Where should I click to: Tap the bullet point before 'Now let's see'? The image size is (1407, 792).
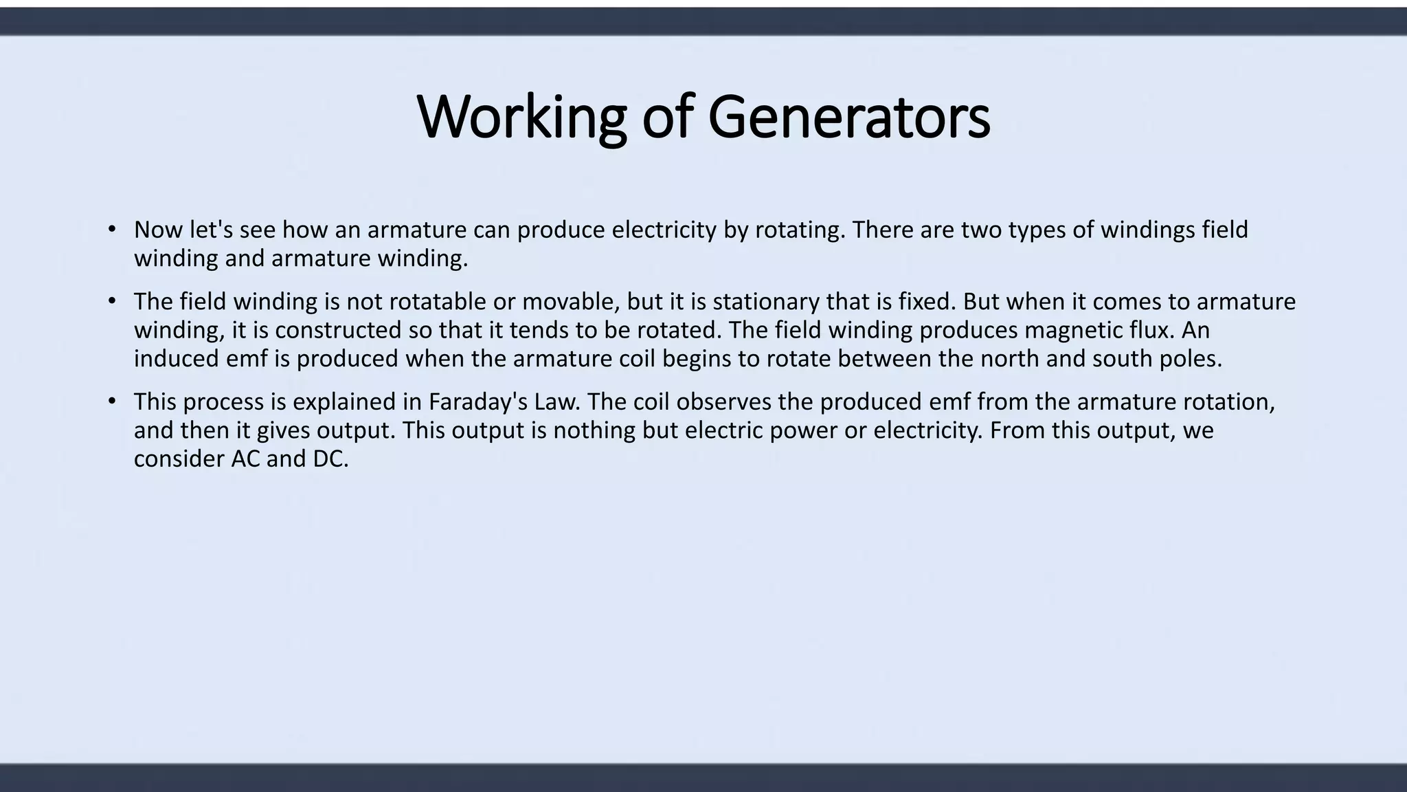[112, 229]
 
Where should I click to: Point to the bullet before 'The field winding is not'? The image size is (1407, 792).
[112, 301]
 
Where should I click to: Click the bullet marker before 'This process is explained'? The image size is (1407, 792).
[112, 401]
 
